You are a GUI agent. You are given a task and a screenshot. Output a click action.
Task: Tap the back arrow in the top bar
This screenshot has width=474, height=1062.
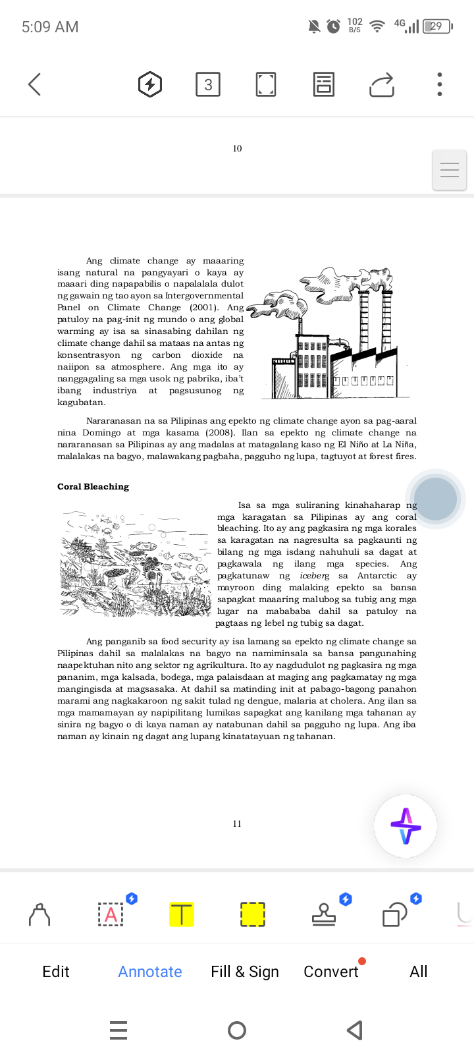pyautogui.click(x=35, y=84)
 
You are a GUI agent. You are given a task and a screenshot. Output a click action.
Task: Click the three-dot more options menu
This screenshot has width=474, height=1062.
pyautogui.click(x=440, y=84)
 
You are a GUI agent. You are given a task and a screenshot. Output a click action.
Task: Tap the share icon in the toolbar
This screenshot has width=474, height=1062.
pyautogui.click(x=382, y=85)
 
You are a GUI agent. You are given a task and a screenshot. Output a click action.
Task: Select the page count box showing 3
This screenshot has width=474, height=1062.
pyautogui.click(x=208, y=84)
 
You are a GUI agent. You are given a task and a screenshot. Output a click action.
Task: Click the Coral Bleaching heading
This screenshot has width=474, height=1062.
pyautogui.click(x=93, y=487)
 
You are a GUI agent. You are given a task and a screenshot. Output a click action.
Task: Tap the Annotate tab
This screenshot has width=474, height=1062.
pyautogui.click(x=150, y=972)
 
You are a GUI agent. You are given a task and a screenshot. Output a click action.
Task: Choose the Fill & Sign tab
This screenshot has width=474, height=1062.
pyautogui.click(x=245, y=972)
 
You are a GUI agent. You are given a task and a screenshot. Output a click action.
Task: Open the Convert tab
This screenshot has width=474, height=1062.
pyautogui.click(x=331, y=972)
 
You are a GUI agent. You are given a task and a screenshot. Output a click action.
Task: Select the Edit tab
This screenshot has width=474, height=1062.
pyautogui.click(x=56, y=972)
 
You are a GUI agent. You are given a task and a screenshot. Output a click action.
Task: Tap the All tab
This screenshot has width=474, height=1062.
pyautogui.click(x=419, y=972)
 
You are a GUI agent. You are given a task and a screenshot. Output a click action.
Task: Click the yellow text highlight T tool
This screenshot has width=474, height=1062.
pyautogui.click(x=182, y=914)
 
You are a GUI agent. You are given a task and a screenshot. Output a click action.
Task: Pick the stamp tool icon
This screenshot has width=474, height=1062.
pyautogui.click(x=323, y=914)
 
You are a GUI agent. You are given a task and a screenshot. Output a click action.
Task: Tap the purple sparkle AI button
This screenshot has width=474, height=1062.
pyautogui.click(x=406, y=826)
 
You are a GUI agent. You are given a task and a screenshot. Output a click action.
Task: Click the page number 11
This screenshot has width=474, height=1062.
pyautogui.click(x=237, y=824)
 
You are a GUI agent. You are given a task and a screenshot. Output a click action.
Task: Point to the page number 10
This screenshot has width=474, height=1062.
pyautogui.click(x=237, y=149)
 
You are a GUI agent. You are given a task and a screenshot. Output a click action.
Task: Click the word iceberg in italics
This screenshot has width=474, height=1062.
pyautogui.click(x=315, y=576)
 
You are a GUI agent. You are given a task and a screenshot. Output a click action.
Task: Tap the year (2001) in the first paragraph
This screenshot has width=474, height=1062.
pyautogui.click(x=205, y=308)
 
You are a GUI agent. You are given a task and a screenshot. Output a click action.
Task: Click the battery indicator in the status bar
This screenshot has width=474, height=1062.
pyautogui.click(x=437, y=26)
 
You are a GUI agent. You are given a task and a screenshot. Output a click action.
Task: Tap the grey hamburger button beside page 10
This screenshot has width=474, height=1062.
pyautogui.click(x=450, y=171)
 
